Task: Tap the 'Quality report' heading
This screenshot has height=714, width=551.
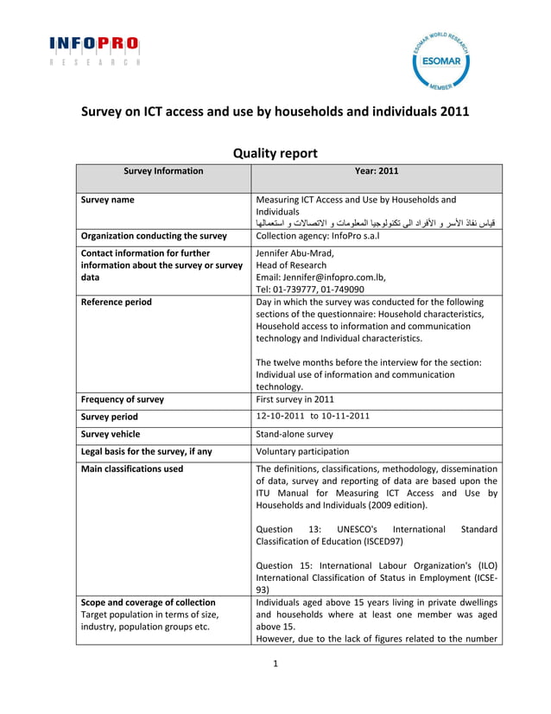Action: coord(275,153)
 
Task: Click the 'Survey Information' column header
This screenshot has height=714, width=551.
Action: coord(163,171)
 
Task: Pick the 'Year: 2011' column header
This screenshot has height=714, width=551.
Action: coord(376,171)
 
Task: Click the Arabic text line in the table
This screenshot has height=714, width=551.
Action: coord(377,223)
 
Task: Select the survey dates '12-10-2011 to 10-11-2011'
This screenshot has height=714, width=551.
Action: coord(313,416)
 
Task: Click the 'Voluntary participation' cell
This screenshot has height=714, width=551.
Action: coord(302,451)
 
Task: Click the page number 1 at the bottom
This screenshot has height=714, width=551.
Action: coord(275,665)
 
